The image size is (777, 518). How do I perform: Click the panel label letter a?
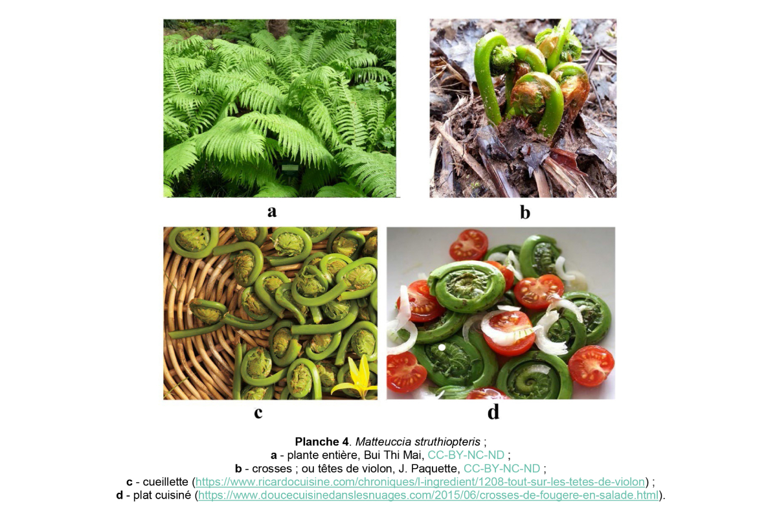(x=272, y=211)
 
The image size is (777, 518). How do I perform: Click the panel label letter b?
(x=524, y=212)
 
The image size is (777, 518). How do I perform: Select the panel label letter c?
(x=258, y=412)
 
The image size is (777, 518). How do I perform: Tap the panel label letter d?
(x=493, y=412)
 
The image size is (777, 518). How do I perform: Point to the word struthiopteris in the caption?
(x=447, y=442)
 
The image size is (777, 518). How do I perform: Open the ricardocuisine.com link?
(x=421, y=482)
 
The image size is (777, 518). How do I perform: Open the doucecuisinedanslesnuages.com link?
(x=428, y=495)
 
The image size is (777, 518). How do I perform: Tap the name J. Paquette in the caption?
(x=433, y=468)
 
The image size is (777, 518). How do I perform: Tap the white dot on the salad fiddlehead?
(x=442, y=348)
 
